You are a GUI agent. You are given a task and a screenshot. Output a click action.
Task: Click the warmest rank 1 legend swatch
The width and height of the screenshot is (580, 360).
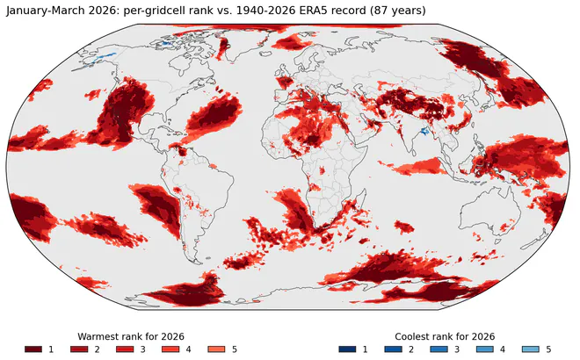(x=33, y=349)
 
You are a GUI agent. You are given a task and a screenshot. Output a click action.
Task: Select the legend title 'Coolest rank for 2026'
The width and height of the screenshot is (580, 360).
(x=445, y=336)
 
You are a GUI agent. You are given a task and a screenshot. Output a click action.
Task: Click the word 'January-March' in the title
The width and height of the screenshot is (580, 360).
(x=46, y=11)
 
